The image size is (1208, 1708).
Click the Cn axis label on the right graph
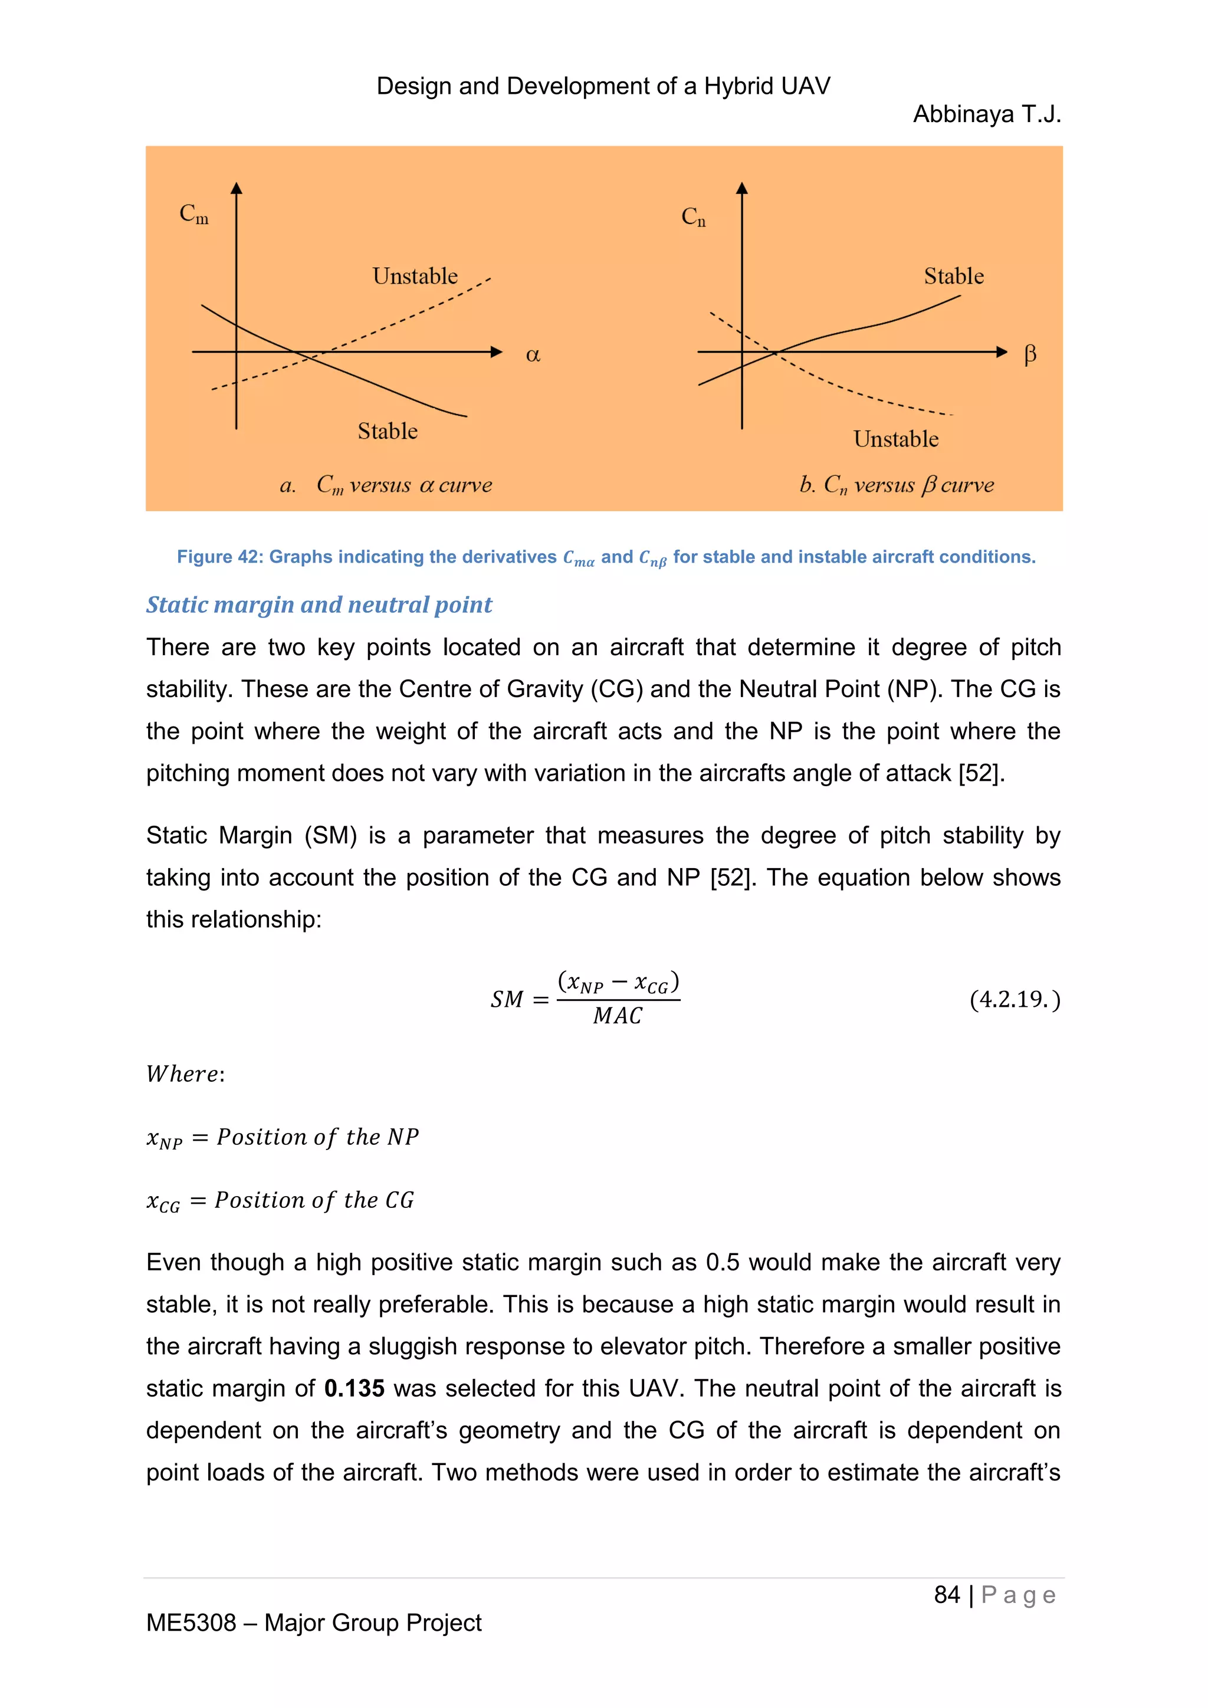click(x=693, y=217)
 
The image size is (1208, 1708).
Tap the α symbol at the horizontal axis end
click(x=533, y=355)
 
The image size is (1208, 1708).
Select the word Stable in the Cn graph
click(x=954, y=276)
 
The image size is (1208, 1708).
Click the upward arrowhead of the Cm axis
click(x=237, y=188)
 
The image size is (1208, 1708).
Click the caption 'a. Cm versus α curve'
click(x=386, y=485)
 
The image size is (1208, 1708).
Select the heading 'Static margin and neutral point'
click(x=319, y=605)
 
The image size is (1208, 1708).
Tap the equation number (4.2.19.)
click(x=1015, y=999)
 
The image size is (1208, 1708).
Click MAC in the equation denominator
click(x=618, y=1016)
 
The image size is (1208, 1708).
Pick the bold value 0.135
click(x=354, y=1388)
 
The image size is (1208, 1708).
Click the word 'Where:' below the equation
click(x=185, y=1074)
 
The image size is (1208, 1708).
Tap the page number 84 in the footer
click(x=946, y=1595)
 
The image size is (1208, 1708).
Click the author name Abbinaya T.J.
click(x=986, y=114)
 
